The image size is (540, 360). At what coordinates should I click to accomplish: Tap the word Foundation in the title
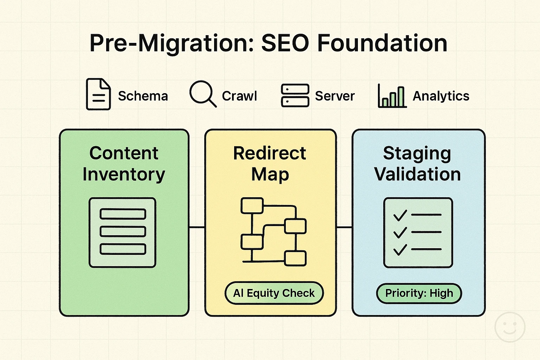coord(382,43)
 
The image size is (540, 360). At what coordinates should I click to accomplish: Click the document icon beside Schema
coord(98,94)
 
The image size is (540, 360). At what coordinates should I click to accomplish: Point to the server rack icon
coord(295,95)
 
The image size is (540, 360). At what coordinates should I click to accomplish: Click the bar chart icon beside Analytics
coord(392,96)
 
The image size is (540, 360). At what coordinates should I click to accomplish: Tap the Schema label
coord(143,96)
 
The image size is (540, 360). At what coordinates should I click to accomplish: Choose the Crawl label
coord(239,96)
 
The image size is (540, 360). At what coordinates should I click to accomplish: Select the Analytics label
coord(441,96)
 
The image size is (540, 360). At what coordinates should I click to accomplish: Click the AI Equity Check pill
coord(274,293)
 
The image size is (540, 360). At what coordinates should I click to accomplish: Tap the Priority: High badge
coord(419,293)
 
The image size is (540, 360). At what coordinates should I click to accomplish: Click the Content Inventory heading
coord(124,163)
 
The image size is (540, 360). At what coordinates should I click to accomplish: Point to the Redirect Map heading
coord(270,163)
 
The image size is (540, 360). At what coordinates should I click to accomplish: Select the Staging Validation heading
coord(417,163)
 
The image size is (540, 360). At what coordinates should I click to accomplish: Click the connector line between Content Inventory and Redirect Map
coord(197,227)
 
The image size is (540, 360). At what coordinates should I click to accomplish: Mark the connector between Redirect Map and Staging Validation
coord(344,227)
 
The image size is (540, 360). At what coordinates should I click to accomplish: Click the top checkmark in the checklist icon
coord(400,215)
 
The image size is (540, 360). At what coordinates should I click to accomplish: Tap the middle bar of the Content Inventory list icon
coord(123,231)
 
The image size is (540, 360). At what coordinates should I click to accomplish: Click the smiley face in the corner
coord(510,327)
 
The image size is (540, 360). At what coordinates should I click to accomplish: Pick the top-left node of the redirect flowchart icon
coord(252,206)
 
